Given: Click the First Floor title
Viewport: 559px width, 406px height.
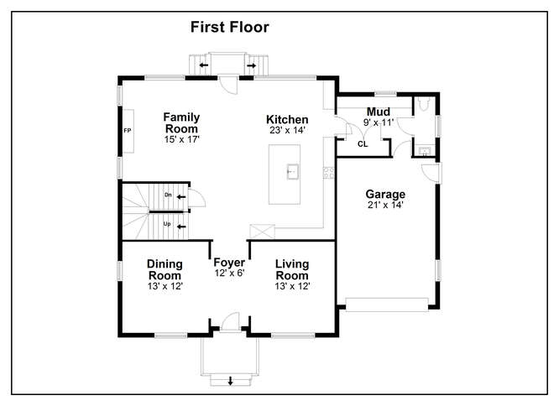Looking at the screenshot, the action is click(230, 27).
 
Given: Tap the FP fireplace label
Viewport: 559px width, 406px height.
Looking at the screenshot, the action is click(128, 131).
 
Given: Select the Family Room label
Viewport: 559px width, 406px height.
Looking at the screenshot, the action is click(181, 122).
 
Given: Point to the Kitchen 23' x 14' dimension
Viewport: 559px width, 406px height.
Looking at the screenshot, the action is click(287, 130).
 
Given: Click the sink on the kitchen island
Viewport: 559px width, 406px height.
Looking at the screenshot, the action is click(293, 172).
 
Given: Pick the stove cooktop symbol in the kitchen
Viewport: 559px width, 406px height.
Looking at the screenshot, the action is click(329, 173).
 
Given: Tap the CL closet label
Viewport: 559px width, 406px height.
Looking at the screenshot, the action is click(363, 144).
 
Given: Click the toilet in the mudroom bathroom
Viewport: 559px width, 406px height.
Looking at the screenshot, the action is click(424, 104).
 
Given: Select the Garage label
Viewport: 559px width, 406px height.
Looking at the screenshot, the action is click(385, 194).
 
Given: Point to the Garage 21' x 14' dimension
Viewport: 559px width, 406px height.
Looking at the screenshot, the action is click(385, 205).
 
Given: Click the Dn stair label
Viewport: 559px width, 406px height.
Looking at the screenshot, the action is click(168, 195).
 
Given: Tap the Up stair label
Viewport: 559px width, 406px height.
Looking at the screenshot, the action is click(167, 224).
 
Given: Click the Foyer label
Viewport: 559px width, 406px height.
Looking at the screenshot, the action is click(229, 263).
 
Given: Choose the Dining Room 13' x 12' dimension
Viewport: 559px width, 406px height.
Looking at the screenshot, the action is click(165, 286).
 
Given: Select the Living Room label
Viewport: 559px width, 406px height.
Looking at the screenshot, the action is click(292, 269).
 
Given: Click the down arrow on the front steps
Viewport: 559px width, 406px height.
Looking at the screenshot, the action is click(230, 381).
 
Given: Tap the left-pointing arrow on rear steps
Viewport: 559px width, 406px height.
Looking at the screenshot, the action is click(204, 65).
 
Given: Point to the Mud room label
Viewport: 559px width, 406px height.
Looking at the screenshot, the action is click(379, 112).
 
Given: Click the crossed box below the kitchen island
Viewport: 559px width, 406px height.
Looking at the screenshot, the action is click(262, 232).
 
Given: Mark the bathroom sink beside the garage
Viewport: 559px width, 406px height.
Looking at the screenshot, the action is click(424, 151).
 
